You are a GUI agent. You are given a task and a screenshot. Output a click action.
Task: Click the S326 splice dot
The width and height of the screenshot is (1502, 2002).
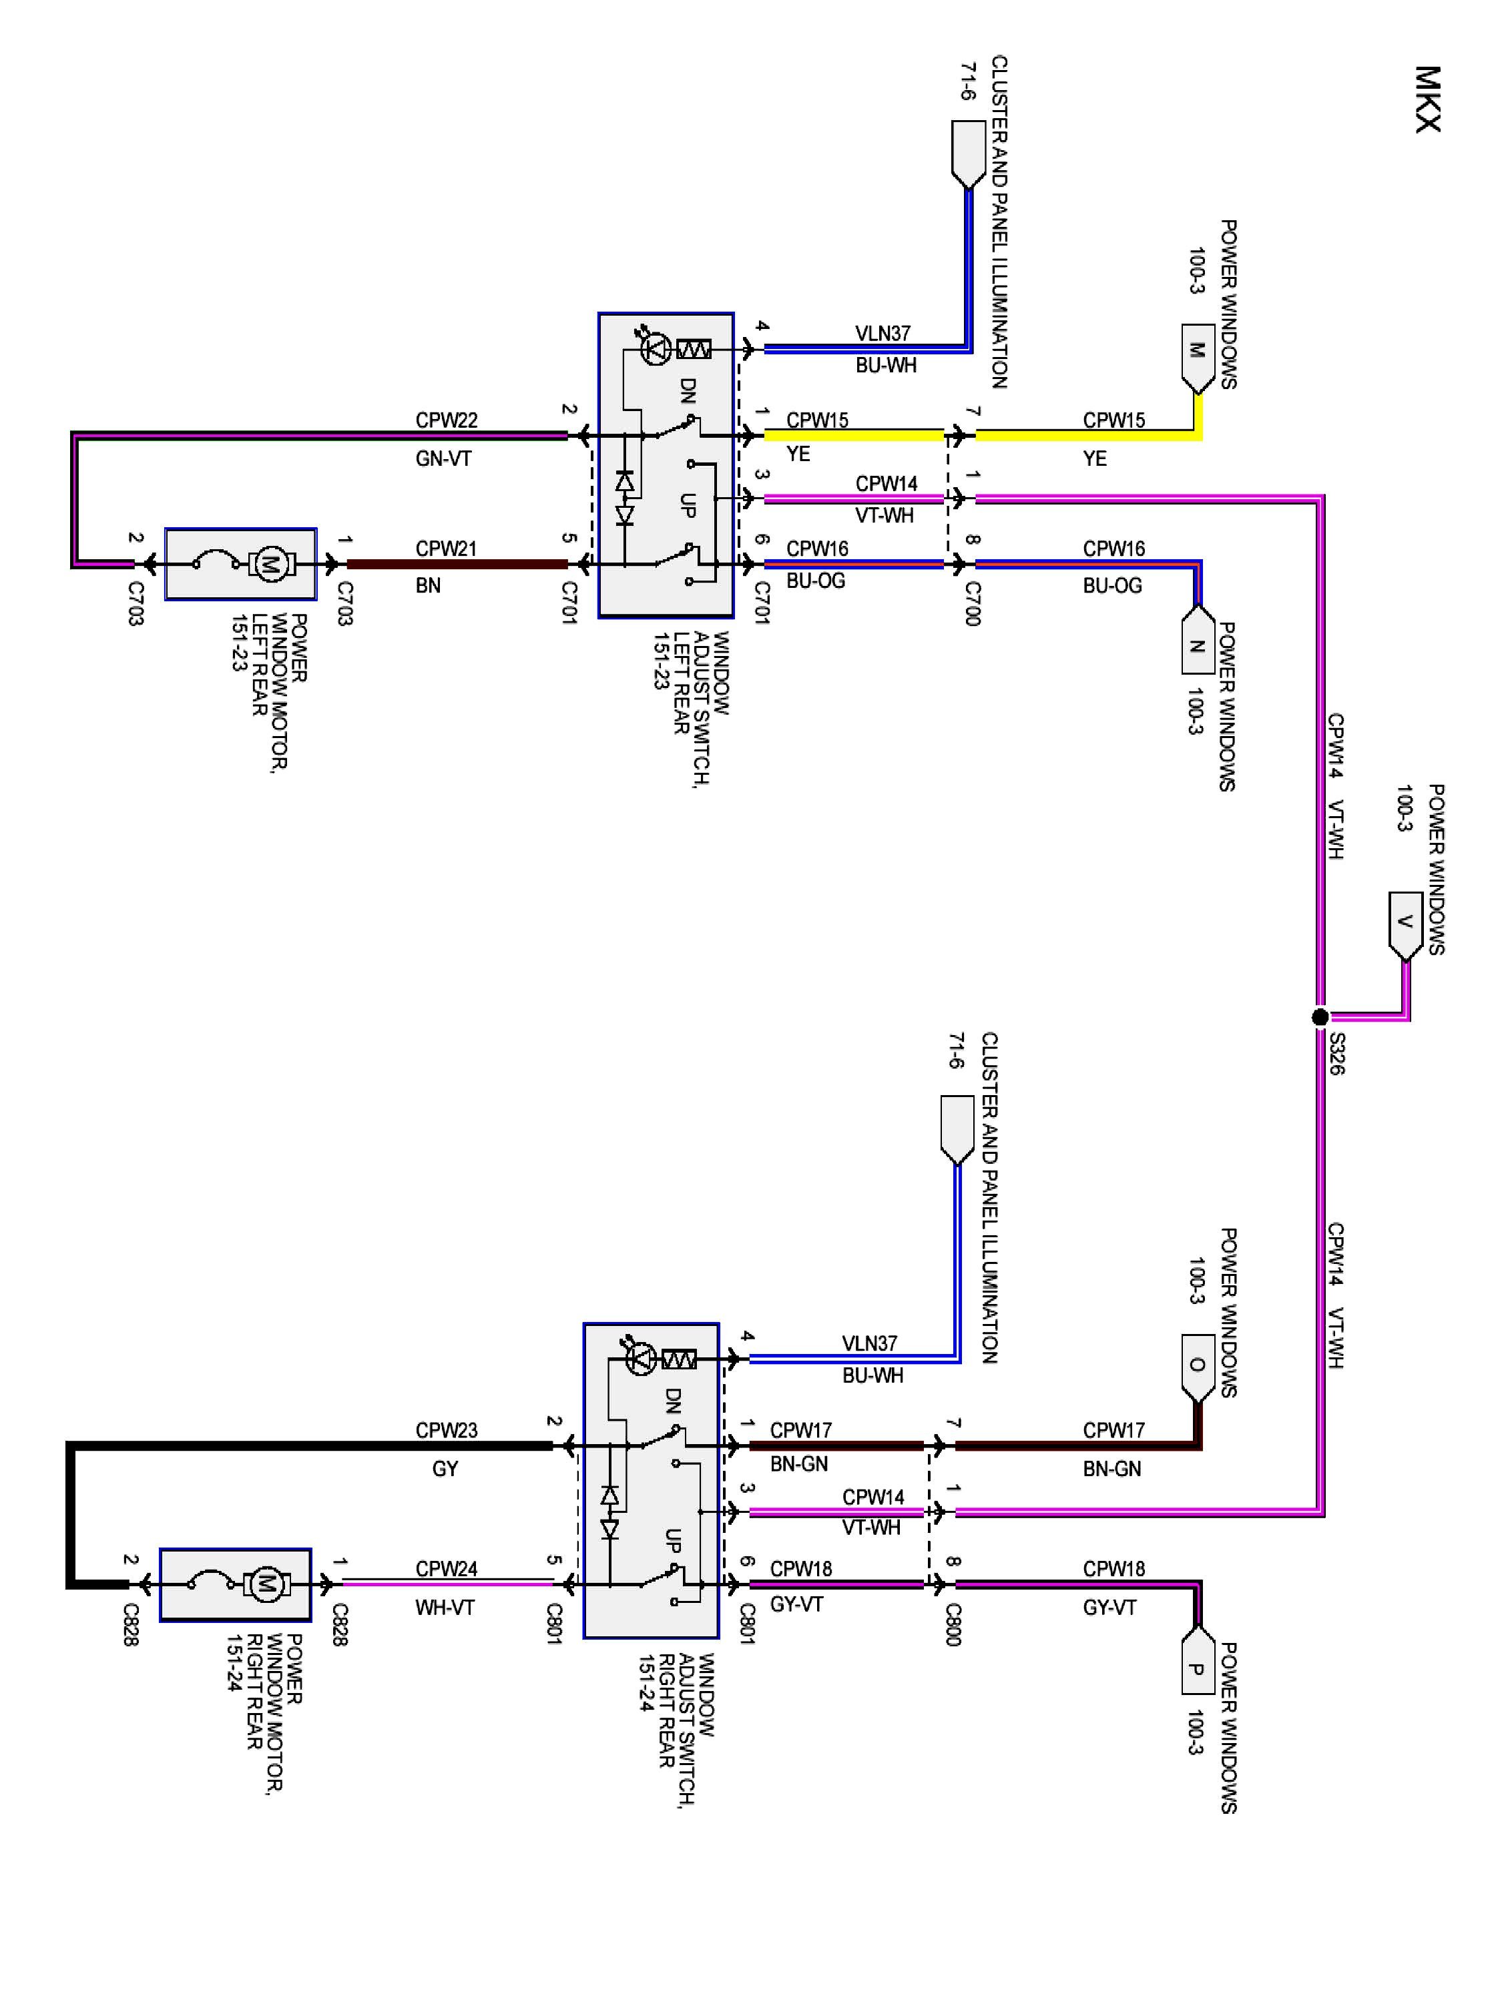coord(1320,1017)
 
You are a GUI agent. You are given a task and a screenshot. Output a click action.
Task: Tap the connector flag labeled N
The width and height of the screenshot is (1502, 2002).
coord(1196,642)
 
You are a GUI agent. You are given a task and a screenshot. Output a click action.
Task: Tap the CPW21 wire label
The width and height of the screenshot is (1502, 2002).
coord(447,549)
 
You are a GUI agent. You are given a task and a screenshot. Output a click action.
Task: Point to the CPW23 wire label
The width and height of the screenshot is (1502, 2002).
coord(447,1430)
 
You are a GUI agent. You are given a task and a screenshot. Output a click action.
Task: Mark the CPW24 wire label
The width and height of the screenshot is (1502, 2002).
coord(447,1568)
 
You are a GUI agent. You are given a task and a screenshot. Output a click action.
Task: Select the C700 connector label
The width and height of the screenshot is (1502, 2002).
coord(971,604)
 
